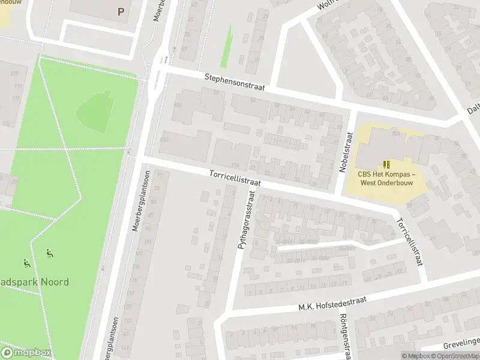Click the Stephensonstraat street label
click(235, 82)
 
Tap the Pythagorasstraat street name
click(247, 220)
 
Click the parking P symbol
click(121, 11)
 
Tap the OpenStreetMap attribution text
click(455, 356)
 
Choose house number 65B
click(164, 140)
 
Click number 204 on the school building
click(397, 134)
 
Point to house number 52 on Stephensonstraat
click(253, 100)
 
